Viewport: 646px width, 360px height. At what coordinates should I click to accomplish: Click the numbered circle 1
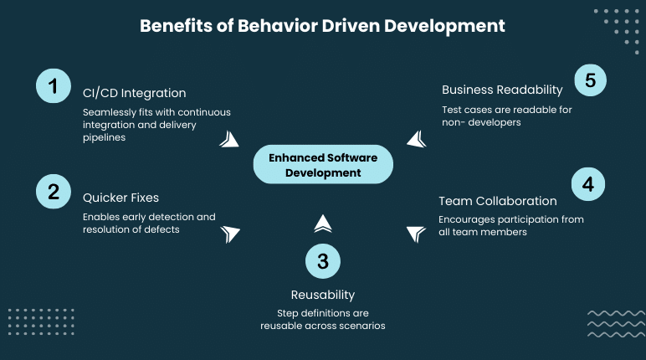pos(54,86)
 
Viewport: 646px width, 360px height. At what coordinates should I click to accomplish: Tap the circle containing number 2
pos(54,191)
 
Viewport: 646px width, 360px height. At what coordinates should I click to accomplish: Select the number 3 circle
pos(323,261)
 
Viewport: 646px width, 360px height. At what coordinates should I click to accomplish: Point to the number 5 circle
pos(590,81)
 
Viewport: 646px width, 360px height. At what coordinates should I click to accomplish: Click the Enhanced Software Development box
pos(323,165)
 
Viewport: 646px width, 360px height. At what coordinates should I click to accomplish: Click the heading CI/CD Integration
pos(134,92)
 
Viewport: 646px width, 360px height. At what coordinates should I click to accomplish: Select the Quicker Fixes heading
pos(120,198)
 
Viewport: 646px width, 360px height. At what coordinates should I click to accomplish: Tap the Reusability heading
pos(323,294)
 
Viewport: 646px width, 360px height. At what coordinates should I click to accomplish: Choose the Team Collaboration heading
pos(498,201)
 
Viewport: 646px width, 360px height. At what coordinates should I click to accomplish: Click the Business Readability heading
pos(502,90)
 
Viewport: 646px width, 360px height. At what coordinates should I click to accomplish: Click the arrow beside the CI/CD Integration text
pos(228,138)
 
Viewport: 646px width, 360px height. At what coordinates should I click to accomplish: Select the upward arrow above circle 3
pos(323,223)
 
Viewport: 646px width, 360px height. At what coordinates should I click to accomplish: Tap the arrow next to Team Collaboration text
pos(416,234)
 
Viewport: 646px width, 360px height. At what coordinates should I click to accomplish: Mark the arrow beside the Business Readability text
pos(417,138)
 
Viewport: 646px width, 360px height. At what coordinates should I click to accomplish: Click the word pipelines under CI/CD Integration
pos(104,137)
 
